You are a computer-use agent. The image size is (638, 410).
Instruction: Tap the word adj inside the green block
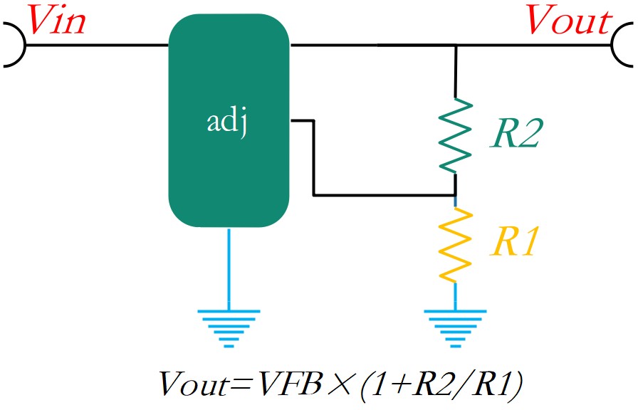pyautogui.click(x=227, y=121)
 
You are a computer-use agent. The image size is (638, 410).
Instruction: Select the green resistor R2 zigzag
pyautogui.click(x=455, y=135)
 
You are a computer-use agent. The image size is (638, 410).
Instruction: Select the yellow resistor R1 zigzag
pyautogui.click(x=455, y=245)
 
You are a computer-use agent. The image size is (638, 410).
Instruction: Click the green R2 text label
pyautogui.click(x=517, y=133)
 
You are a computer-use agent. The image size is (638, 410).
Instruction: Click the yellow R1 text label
pyautogui.click(x=514, y=241)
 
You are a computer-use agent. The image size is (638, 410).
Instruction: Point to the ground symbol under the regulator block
pyautogui.click(x=229, y=329)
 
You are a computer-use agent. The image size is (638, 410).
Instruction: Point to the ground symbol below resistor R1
pyautogui.click(x=455, y=329)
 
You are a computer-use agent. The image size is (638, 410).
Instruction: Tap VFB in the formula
pyautogui.click(x=289, y=383)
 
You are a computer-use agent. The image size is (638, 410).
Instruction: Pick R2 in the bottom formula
pyautogui.click(x=432, y=383)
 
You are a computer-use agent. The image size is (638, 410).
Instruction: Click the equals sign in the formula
pyautogui.click(x=242, y=384)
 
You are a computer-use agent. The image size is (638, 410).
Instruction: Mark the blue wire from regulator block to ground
pyautogui.click(x=229, y=268)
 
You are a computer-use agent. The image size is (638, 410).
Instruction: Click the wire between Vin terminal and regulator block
pyautogui.click(x=98, y=45)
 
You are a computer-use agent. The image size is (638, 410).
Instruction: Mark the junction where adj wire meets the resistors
pyautogui.click(x=455, y=196)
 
